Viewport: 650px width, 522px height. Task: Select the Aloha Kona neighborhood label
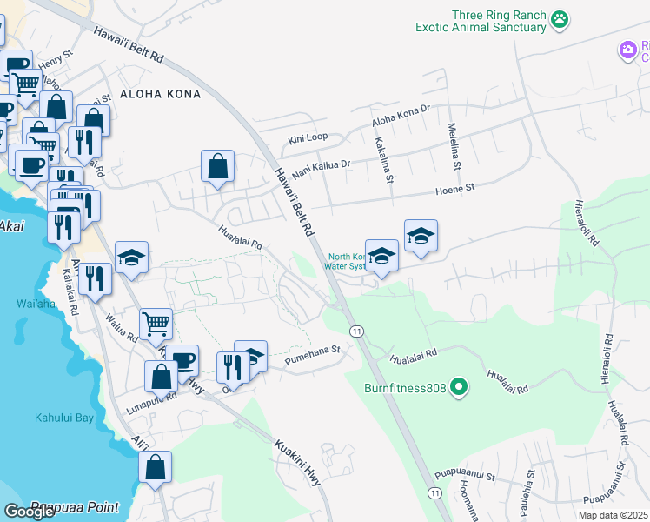click(160, 94)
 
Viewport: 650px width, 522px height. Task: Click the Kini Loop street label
click(308, 139)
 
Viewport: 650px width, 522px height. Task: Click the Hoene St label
click(455, 188)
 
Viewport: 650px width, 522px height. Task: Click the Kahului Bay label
click(63, 418)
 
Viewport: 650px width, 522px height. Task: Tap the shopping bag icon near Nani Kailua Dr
click(217, 165)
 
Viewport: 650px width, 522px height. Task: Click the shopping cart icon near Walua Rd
click(156, 324)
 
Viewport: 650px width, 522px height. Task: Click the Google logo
click(29, 512)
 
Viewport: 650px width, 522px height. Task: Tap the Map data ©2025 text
click(612, 515)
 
